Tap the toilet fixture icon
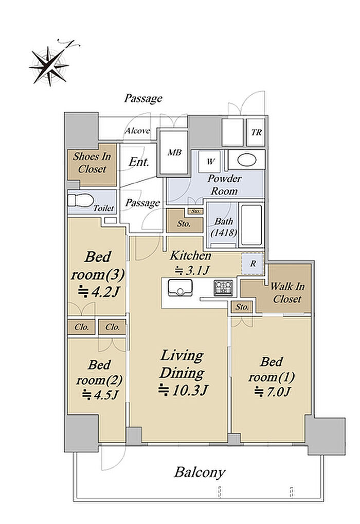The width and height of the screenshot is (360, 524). pos(80,201)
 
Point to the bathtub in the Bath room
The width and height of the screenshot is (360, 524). pos(251,225)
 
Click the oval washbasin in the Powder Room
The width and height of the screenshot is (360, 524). pos(247,160)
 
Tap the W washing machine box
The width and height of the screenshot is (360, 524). pos(210,162)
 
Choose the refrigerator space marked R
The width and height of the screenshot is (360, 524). pos(253,264)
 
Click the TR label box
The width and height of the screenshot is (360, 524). pos(256,132)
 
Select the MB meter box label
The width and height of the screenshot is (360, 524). pos(174,153)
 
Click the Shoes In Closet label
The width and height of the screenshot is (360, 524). pos(92,163)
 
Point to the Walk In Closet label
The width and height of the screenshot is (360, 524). pos(287,293)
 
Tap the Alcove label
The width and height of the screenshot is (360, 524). pos(137,131)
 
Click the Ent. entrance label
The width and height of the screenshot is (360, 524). pos(138,162)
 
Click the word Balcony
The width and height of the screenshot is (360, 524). pos(200,473)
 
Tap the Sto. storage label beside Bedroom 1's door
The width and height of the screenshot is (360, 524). pos(242,307)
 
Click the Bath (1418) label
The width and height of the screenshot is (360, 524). pos(224,227)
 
